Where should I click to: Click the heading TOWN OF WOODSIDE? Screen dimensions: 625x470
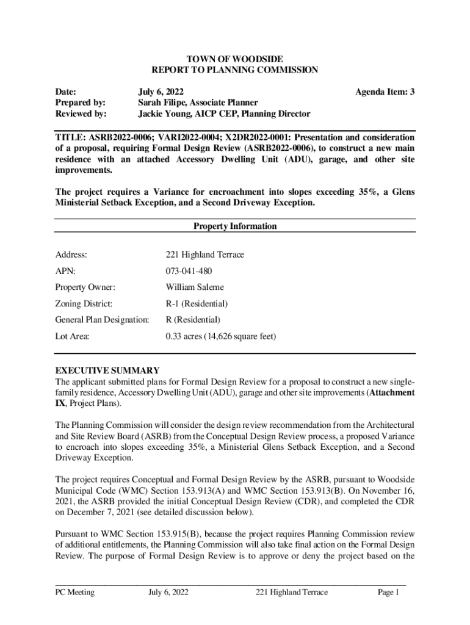(235, 59)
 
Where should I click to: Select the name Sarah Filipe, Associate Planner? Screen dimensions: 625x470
(197, 103)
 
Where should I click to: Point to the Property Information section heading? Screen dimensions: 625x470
(235, 226)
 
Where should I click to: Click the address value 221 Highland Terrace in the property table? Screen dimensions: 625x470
(204, 255)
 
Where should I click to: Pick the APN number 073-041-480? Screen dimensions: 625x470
(189, 271)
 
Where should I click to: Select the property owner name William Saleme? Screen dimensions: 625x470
(195, 287)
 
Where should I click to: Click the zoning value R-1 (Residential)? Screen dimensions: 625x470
(197, 303)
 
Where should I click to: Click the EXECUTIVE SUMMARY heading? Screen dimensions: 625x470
(107, 370)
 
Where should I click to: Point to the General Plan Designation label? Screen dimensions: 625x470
(102, 320)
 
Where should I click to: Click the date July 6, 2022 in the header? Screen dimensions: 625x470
(160, 92)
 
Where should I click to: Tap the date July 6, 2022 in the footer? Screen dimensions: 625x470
(168, 592)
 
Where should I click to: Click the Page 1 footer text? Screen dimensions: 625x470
(388, 592)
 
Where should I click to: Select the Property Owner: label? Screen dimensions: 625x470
(85, 287)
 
